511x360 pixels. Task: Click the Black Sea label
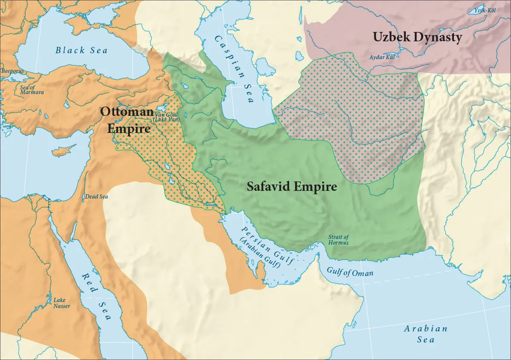point(81,50)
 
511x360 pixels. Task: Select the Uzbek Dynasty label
point(417,37)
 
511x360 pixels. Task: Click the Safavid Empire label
point(292,187)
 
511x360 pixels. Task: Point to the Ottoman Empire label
point(127,120)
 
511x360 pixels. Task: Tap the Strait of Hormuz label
point(339,240)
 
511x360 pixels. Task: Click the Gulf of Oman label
point(350,272)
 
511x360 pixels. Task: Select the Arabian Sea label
point(425,334)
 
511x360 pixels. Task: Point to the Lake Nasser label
point(61,303)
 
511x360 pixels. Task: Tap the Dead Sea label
point(97,197)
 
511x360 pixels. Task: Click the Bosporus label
point(13,71)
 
